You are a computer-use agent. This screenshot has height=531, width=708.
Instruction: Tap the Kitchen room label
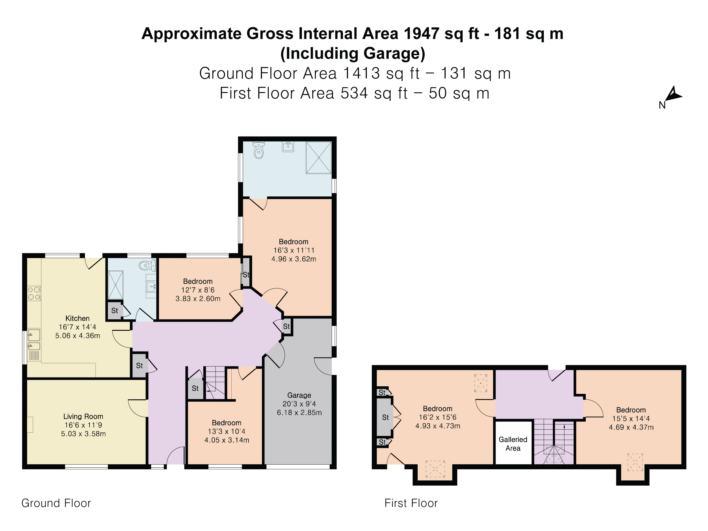78,318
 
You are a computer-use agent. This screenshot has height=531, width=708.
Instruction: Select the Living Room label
83,416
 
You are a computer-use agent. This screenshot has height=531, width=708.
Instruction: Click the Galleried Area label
513,444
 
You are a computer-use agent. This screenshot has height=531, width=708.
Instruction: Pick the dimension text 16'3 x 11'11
294,250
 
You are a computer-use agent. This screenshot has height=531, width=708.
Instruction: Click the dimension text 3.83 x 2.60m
198,299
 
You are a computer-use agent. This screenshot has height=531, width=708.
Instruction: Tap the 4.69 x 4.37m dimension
631,427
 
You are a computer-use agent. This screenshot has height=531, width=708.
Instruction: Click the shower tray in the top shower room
318,158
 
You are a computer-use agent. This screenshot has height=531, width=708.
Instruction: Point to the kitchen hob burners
34,294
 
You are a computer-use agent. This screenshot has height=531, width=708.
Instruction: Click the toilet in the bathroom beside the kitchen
147,265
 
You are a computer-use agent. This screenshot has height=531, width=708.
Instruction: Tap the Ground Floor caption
56,503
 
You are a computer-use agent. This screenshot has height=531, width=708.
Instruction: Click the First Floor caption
411,503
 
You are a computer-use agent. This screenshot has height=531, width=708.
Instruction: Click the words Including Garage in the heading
353,54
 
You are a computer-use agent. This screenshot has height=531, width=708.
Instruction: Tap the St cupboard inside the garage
287,326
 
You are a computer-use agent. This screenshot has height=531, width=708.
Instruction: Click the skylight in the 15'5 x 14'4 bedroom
635,462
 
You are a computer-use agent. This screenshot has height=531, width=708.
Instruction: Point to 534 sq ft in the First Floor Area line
374,93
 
